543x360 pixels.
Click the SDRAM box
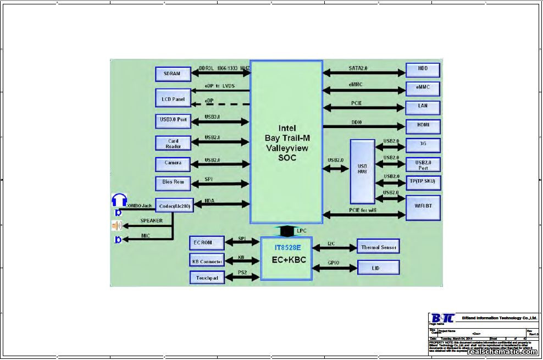[173, 74]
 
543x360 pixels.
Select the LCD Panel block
[173, 98]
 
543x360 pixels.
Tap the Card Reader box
[173, 143]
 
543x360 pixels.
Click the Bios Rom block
[173, 182]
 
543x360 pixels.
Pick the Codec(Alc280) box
[174, 206]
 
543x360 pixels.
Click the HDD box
[423, 69]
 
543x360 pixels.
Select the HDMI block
[423, 126]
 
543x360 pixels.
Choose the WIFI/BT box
[423, 207]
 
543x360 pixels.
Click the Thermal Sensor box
[378, 247]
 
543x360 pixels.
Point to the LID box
[378, 268]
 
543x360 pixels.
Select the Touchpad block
[207, 278]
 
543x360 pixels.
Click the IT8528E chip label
[287, 248]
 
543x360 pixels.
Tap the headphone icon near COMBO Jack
[119, 200]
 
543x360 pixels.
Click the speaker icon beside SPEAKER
[117, 225]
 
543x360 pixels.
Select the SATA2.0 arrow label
[358, 68]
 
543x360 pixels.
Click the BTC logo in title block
[442, 318]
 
